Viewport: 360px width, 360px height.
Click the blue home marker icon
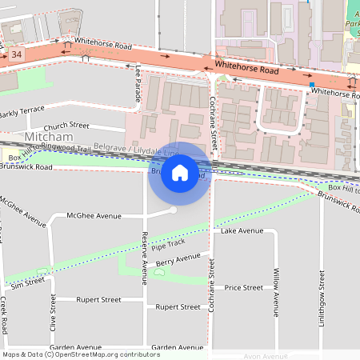coord(180,174)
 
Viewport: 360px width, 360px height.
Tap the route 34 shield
coord(17,55)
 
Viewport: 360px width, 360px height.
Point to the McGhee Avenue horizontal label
coord(94,215)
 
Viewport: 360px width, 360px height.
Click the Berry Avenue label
coord(178,259)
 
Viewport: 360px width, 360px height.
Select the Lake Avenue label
coord(242,231)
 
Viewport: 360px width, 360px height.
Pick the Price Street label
coord(243,287)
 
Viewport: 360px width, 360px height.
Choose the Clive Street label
coord(53,315)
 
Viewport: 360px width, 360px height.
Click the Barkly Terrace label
coord(22,114)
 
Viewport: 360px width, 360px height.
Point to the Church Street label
coord(66,126)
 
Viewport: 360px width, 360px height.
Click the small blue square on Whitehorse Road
coord(312,85)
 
